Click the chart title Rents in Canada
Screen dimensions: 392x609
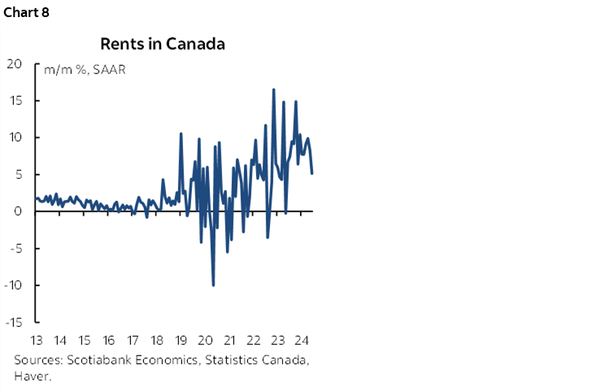pos(163,44)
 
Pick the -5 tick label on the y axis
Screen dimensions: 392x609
pos(16,248)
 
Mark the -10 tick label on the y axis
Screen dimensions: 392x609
pos(14,285)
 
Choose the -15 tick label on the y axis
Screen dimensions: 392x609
pos(14,322)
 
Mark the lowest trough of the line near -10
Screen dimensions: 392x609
pos(213,285)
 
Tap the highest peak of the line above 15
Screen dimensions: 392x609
pos(274,89)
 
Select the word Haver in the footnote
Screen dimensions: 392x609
pos(29,375)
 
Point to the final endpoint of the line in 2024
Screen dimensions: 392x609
pos(313,172)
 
